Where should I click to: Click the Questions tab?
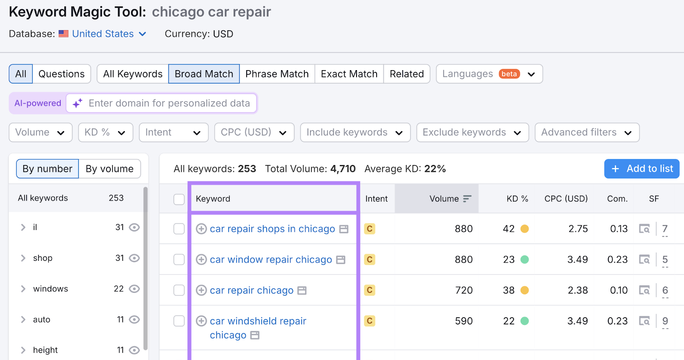click(62, 74)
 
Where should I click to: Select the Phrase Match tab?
click(277, 74)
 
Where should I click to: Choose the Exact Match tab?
click(349, 74)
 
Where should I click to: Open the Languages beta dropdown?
click(489, 74)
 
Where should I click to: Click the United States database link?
click(103, 34)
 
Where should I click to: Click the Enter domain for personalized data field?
click(169, 103)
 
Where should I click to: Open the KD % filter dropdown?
click(105, 133)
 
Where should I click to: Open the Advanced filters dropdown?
click(587, 133)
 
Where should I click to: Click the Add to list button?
click(641, 169)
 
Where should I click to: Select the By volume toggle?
click(109, 169)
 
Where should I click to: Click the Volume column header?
click(445, 199)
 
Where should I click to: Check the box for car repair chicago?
click(179, 290)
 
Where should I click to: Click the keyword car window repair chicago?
click(271, 260)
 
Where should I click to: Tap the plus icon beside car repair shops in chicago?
click(201, 229)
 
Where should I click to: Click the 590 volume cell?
click(463, 321)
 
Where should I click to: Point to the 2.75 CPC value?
click(578, 229)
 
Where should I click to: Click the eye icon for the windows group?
click(134, 289)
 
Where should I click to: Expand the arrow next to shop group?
click(23, 258)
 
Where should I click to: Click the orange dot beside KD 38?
click(525, 290)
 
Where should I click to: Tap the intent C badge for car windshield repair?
click(369, 321)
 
